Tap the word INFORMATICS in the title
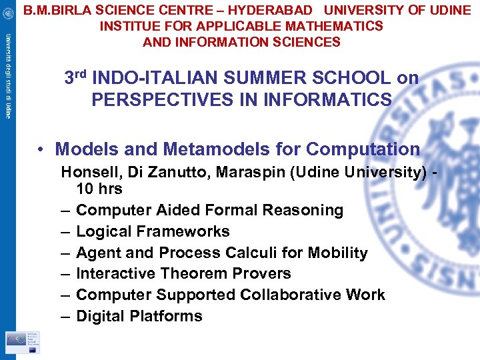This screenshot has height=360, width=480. tap(334, 99)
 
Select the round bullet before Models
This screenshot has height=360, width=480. tap(42, 149)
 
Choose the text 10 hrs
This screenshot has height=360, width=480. tap(99, 189)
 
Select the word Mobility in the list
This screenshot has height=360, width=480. tap(337, 253)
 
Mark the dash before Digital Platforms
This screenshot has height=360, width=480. tap(66, 316)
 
